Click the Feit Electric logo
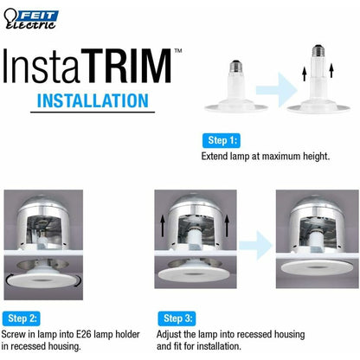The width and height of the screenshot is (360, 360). click(30, 19)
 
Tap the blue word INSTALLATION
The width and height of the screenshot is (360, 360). click(93, 100)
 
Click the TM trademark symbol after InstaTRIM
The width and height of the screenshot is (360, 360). click(178, 51)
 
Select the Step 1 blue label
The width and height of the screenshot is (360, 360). click(222, 140)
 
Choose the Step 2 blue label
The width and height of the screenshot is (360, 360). click(22, 318)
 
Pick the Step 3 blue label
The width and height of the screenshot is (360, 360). click(177, 318)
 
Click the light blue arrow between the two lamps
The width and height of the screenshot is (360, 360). click(276, 90)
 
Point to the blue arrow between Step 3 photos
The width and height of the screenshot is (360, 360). click(255, 246)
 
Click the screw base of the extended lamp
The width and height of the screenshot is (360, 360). click(318, 51)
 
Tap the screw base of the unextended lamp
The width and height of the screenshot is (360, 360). click(236, 67)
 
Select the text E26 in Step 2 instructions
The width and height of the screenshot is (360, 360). click(84, 334)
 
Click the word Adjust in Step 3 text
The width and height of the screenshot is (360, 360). click(169, 335)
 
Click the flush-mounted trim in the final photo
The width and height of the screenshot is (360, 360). click(317, 267)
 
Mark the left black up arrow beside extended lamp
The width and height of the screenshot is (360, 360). click(304, 74)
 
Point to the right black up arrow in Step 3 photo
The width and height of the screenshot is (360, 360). click(227, 226)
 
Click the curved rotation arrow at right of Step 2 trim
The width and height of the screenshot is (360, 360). click(78, 281)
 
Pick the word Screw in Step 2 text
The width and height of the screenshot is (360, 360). click(14, 334)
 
